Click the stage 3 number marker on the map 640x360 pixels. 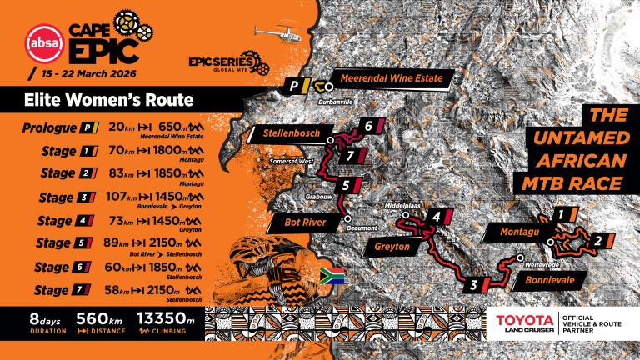pyautogui.click(x=473, y=286)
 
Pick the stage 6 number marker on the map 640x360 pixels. pyautogui.click(x=367, y=127)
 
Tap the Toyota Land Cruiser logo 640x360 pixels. pyautogui.click(x=525, y=324)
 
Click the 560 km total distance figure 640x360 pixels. pyautogui.click(x=98, y=318)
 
